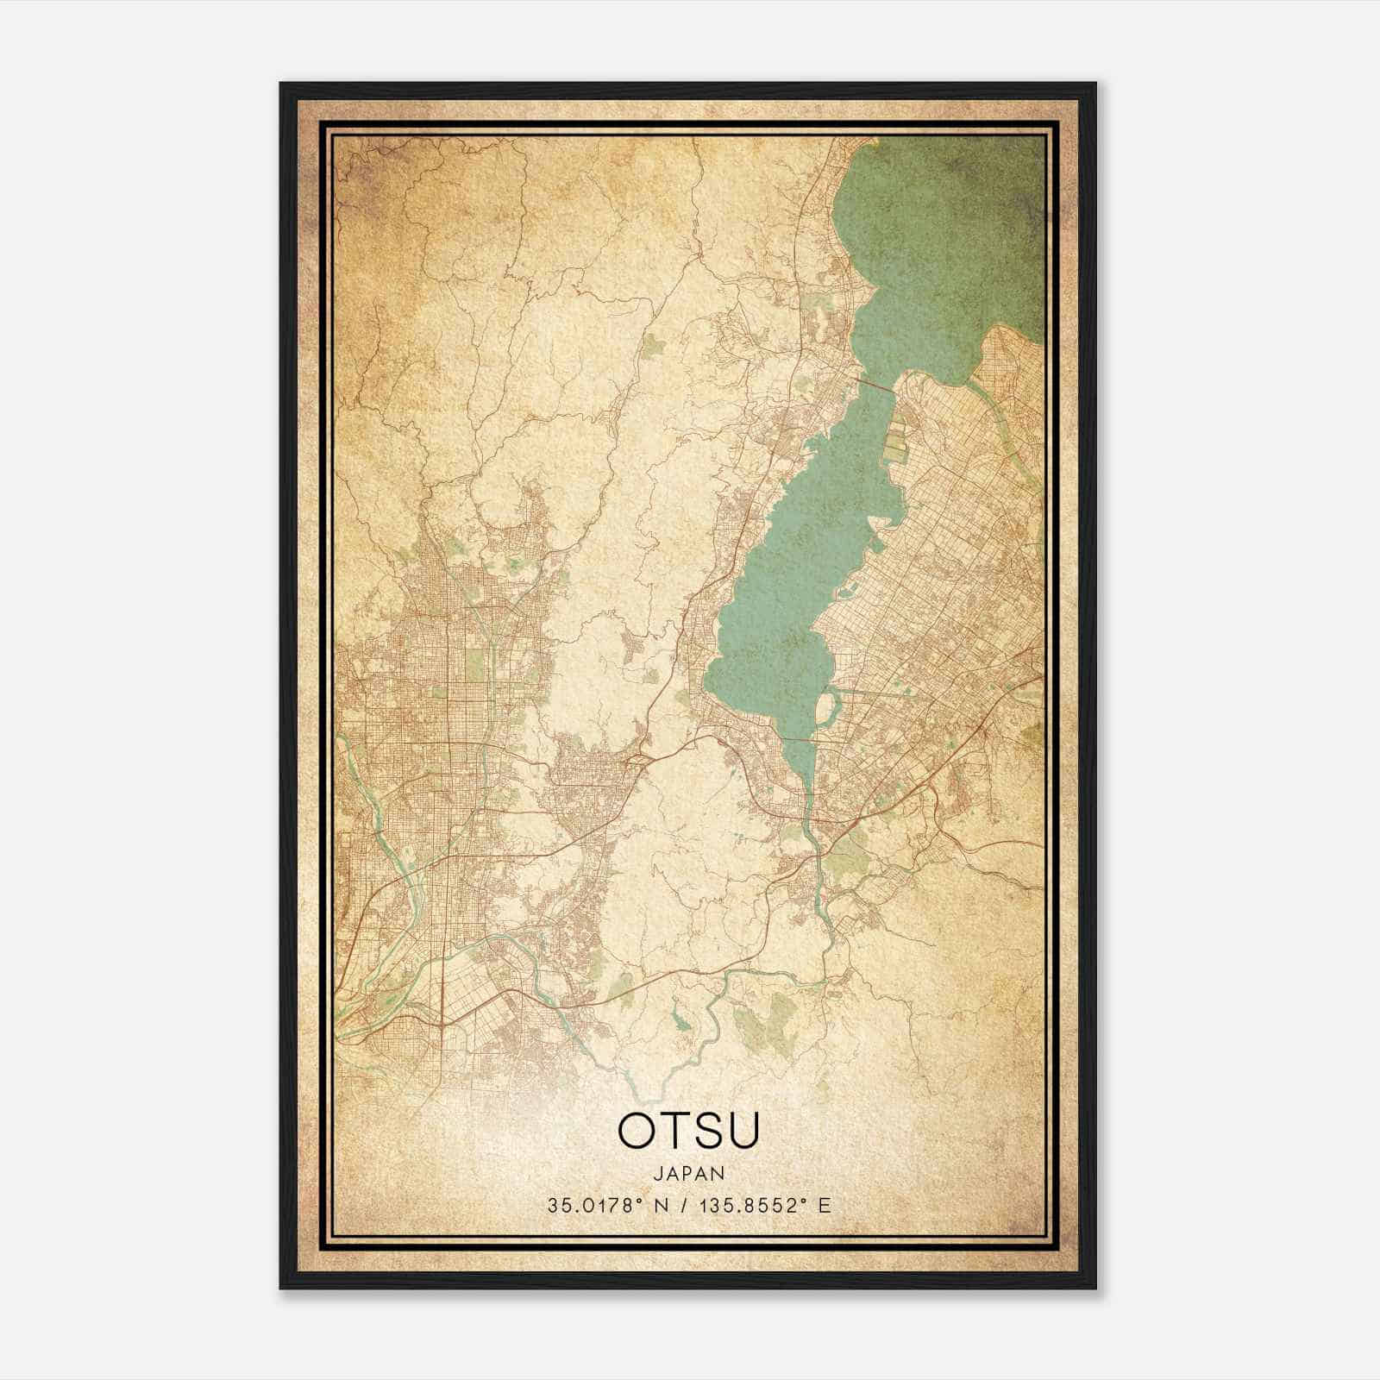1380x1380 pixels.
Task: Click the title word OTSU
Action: (x=689, y=1131)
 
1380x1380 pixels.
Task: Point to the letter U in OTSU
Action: (x=743, y=1131)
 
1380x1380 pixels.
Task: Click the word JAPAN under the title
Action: (x=689, y=1173)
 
